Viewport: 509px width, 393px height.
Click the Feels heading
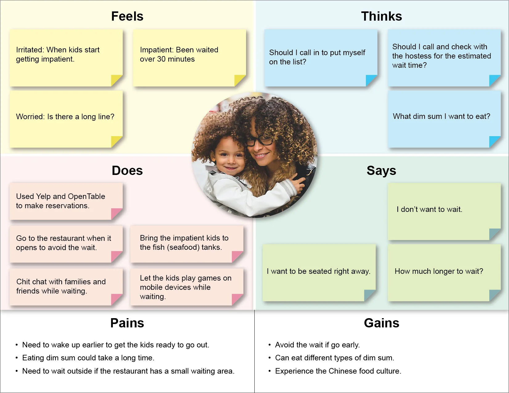coord(127,16)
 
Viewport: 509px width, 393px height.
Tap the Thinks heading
coord(381,16)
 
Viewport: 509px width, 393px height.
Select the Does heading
coord(127,171)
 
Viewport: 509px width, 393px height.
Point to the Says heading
coord(381,171)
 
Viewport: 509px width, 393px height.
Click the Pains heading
coord(127,323)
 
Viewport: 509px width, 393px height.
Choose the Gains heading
coord(381,323)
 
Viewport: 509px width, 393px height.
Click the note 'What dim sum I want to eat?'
coord(441,116)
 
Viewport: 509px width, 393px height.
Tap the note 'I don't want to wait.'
coord(429,209)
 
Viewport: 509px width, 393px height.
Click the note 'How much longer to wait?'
coord(439,271)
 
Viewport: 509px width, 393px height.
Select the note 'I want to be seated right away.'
coord(318,271)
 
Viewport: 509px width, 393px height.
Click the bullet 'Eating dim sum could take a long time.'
coord(88,358)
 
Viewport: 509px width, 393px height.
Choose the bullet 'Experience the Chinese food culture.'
coord(338,371)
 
